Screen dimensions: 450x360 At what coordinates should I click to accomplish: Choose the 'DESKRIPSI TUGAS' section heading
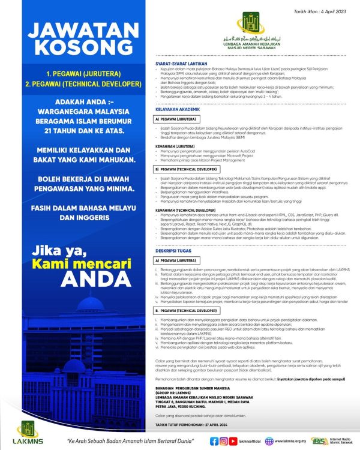click(172, 253)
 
